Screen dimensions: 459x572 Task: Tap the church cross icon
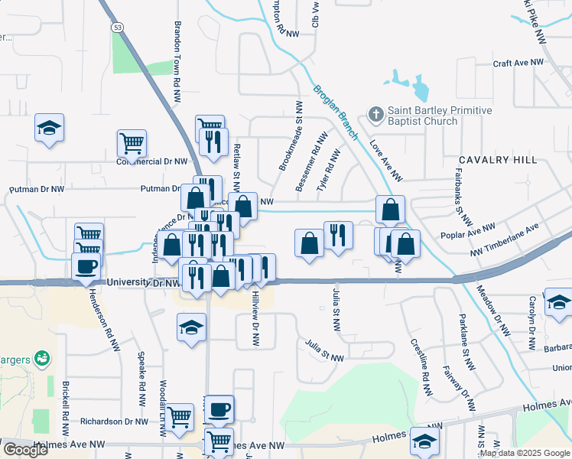(x=375, y=115)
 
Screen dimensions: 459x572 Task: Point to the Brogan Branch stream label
(x=336, y=112)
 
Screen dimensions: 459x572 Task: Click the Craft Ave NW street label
(x=518, y=63)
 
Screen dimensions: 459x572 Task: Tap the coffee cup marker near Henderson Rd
(x=86, y=266)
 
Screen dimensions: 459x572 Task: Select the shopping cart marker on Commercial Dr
(x=132, y=142)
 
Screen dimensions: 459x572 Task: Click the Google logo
(x=25, y=450)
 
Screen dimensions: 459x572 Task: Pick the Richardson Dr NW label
(x=113, y=422)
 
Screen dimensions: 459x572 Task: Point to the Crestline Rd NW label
(x=422, y=360)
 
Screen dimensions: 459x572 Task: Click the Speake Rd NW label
(x=141, y=378)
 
